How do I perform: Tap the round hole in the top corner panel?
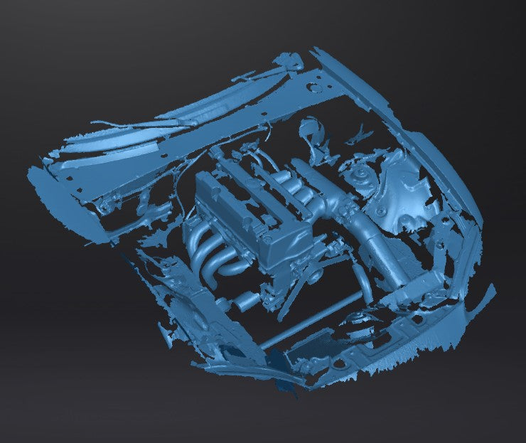311,88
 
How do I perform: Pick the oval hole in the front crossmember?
340,364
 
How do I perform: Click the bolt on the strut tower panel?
382,211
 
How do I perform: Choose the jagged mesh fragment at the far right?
483,295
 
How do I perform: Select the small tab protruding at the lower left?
168,331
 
